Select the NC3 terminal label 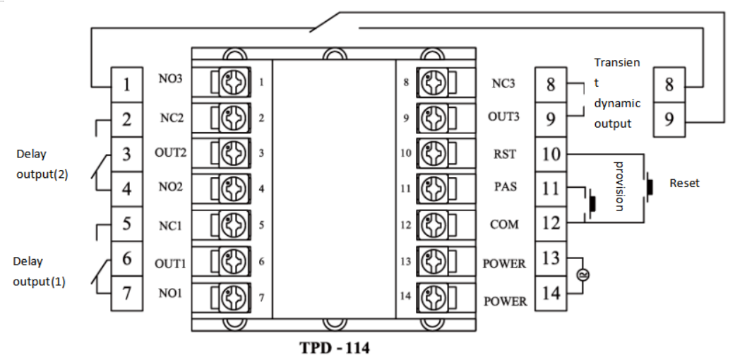coord(503,82)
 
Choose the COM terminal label coord(504,224)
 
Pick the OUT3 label coord(504,117)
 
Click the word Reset coord(684,183)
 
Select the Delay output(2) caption coord(41,164)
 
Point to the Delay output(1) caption coord(39,270)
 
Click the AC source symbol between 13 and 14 coord(583,275)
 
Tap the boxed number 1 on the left coord(127,85)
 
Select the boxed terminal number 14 coord(551,292)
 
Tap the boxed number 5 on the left coord(127,224)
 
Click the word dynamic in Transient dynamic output coord(616,102)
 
